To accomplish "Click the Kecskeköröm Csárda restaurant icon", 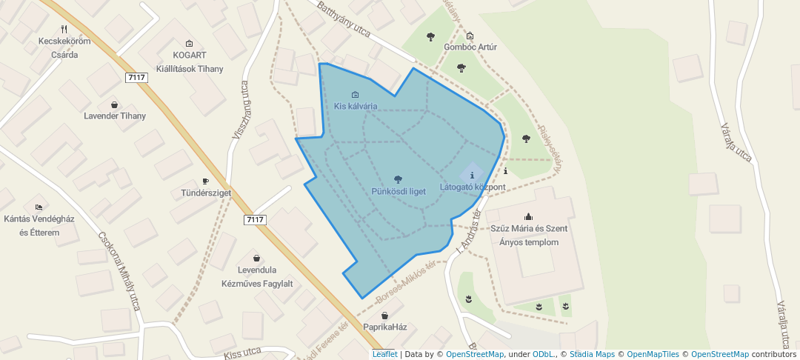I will click(64, 30).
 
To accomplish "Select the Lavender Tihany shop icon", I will click(114, 104).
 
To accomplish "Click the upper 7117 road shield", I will click(136, 77).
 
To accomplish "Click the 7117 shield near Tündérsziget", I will click(254, 219).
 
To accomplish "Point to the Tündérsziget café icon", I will click(206, 181).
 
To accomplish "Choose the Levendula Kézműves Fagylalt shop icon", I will click(257, 258).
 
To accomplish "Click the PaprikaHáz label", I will click(384, 327).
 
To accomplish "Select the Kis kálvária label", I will click(356, 106).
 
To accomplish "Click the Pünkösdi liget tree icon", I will click(399, 179).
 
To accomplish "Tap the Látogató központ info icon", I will click(472, 176).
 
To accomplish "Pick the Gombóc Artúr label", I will click(470, 47).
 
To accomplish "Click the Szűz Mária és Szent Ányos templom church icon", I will click(528, 216).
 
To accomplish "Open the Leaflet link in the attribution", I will click(384, 354).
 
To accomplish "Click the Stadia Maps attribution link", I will click(591, 354).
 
